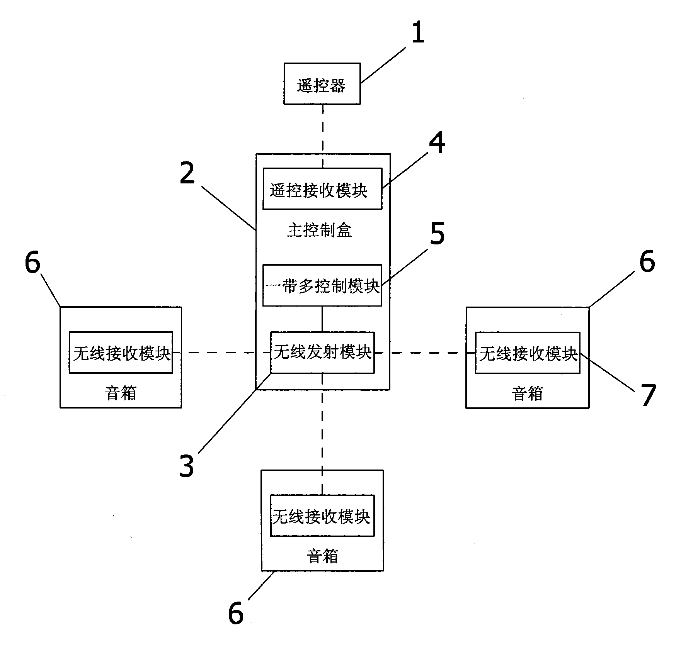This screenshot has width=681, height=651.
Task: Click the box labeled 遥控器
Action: [322, 84]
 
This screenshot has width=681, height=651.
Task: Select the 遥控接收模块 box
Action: [322, 189]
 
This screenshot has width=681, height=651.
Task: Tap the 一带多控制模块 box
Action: [322, 285]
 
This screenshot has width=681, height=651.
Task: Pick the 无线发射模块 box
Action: [322, 353]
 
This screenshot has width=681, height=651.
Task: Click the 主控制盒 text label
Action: [320, 231]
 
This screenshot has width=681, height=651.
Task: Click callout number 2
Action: [187, 173]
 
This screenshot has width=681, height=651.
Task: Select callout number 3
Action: [187, 466]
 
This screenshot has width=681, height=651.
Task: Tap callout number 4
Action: [437, 143]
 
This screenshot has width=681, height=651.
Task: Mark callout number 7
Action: [649, 396]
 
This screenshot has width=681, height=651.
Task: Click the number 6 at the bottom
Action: [236, 613]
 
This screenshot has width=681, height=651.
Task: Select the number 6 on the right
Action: [647, 261]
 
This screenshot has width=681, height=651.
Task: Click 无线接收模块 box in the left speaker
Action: [121, 353]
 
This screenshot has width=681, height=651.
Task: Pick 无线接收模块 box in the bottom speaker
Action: [322, 516]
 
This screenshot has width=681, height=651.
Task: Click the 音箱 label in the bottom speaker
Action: [322, 556]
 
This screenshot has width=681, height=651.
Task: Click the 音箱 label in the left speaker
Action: [121, 393]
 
